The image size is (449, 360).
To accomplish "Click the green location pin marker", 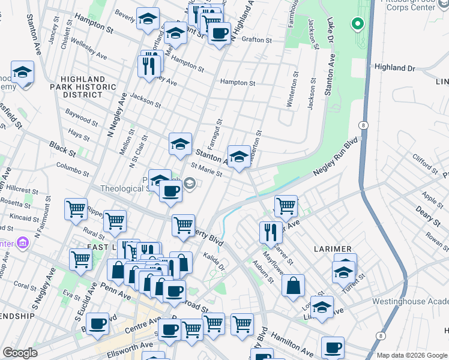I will pos(358,24).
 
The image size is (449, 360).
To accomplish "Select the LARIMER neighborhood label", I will pos(329,248).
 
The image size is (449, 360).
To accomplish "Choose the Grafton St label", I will pos(257,40).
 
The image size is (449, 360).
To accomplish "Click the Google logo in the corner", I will pos(20,352).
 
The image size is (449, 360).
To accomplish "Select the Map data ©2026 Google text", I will pos(411,355).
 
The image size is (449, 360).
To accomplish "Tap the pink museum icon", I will pos(23,243).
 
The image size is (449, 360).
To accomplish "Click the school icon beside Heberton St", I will pos(239,157).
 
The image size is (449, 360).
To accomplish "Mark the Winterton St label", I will pos(294,90).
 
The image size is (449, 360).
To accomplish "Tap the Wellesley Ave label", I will pos(89,50).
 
